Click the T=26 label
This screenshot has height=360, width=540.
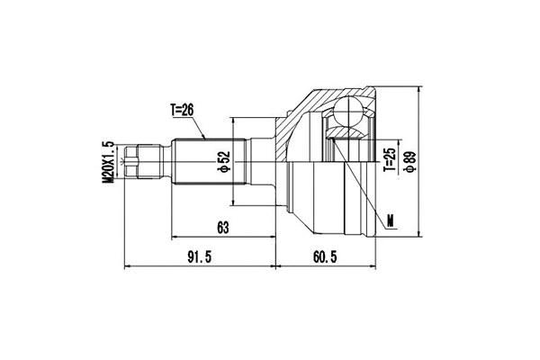[183, 110]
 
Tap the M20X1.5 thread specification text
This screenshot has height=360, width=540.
[108, 162]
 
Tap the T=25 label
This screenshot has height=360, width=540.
[389, 159]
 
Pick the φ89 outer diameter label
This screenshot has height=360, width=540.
[410, 162]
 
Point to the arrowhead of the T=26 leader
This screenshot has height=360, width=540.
[206, 137]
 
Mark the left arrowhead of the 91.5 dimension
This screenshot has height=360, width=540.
[125, 267]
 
